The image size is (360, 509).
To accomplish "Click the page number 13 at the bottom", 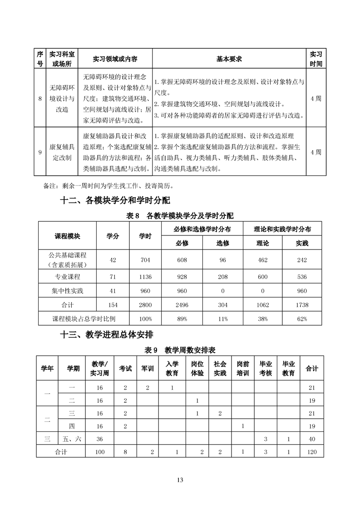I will coord(180,480).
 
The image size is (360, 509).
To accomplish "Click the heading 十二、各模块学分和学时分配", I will coord(115,201).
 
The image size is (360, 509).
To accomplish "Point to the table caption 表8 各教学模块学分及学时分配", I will coord(180,216).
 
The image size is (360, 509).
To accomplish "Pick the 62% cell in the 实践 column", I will coord(301,319).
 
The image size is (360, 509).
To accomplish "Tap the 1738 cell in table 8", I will coord(301,305).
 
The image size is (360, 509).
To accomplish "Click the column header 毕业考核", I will coord(266,368).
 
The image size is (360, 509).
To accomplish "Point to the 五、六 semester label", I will coord(71,439).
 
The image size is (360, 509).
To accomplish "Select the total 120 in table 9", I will coord(311,452).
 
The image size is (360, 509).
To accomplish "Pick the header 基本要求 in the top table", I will coord(229,59).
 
